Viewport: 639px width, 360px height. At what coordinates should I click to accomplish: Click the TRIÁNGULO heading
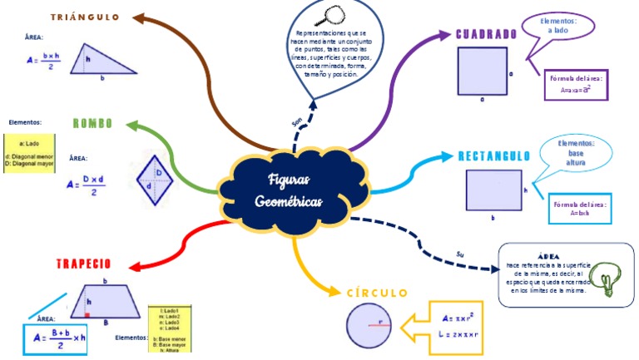[86, 17]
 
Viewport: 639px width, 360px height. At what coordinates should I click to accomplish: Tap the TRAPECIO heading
[83, 264]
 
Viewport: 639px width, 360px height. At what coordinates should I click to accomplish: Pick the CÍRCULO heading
[377, 293]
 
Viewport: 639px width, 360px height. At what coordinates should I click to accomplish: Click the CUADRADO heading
[487, 35]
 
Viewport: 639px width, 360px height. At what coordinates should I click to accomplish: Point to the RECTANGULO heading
[493, 156]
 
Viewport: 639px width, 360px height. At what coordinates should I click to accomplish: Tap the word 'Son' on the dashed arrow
[297, 122]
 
